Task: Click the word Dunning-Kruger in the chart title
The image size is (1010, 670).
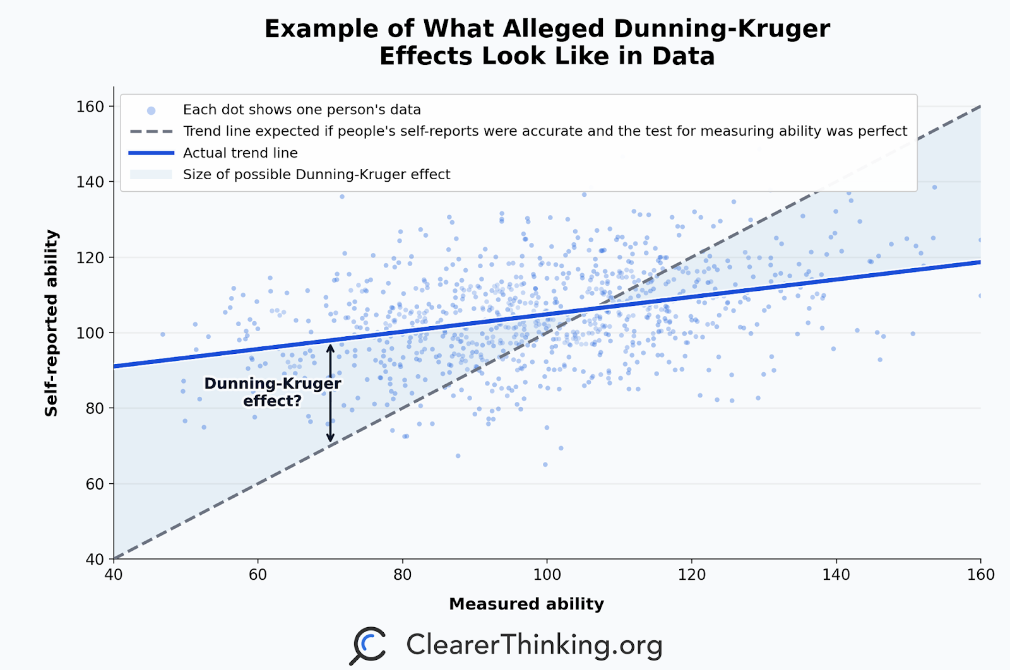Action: pyautogui.click(x=721, y=29)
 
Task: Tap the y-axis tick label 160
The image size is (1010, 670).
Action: pyautogui.click(x=90, y=107)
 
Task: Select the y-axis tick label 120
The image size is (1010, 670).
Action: pyautogui.click(x=90, y=257)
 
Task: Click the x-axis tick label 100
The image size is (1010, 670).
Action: pyautogui.click(x=547, y=575)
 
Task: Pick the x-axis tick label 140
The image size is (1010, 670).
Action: pyautogui.click(x=836, y=575)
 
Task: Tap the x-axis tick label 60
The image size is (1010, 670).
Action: pyautogui.click(x=258, y=575)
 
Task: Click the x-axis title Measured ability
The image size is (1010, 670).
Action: pyautogui.click(x=526, y=604)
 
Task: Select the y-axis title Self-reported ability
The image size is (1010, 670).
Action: pyautogui.click(x=51, y=323)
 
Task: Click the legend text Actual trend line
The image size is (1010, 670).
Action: pyautogui.click(x=240, y=153)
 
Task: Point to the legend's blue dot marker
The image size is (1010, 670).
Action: pyautogui.click(x=151, y=110)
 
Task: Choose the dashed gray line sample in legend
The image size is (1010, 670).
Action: pyautogui.click(x=151, y=131)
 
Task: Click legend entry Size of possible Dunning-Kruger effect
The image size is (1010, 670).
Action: pyautogui.click(x=316, y=174)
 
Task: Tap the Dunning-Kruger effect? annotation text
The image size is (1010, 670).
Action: pyautogui.click(x=272, y=392)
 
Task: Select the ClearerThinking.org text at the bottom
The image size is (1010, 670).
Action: pyautogui.click(x=534, y=645)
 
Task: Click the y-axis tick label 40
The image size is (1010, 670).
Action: pyautogui.click(x=93, y=559)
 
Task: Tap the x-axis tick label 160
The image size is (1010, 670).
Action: pyautogui.click(x=980, y=575)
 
